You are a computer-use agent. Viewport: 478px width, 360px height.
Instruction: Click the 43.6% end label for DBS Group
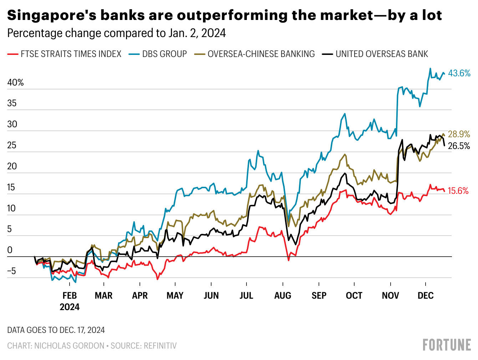click(x=459, y=73)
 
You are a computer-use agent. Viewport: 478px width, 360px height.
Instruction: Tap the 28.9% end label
click(x=459, y=134)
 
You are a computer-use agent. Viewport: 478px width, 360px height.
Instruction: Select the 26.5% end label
click(x=459, y=146)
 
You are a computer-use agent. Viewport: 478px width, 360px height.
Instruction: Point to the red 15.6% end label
click(x=458, y=191)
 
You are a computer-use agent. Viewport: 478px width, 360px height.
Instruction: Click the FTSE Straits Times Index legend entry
click(x=64, y=54)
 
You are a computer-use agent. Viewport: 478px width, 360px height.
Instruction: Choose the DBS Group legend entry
click(x=158, y=54)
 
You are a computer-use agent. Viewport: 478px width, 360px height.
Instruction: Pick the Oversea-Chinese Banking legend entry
click(x=254, y=54)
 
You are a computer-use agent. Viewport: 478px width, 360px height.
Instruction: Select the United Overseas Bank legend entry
click(x=375, y=54)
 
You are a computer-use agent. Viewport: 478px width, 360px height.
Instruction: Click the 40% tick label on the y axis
click(x=15, y=83)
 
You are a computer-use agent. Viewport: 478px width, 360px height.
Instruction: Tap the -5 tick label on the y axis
click(x=11, y=271)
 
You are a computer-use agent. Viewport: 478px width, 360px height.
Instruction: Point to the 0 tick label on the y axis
click(x=10, y=250)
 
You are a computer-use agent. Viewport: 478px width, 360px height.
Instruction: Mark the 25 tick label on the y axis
click(x=12, y=145)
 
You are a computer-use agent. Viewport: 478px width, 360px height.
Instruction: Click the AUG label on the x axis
click(x=283, y=295)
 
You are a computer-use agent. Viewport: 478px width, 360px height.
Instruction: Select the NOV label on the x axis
click(x=391, y=295)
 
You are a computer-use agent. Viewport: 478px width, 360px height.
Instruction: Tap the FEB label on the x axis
click(x=70, y=295)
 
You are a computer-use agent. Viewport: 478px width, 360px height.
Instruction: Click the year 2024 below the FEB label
click(x=70, y=307)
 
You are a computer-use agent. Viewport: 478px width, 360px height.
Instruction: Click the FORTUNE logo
click(x=447, y=345)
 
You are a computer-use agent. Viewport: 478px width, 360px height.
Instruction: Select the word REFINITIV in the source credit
click(x=160, y=346)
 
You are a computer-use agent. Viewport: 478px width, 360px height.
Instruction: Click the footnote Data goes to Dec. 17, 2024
click(x=56, y=330)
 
